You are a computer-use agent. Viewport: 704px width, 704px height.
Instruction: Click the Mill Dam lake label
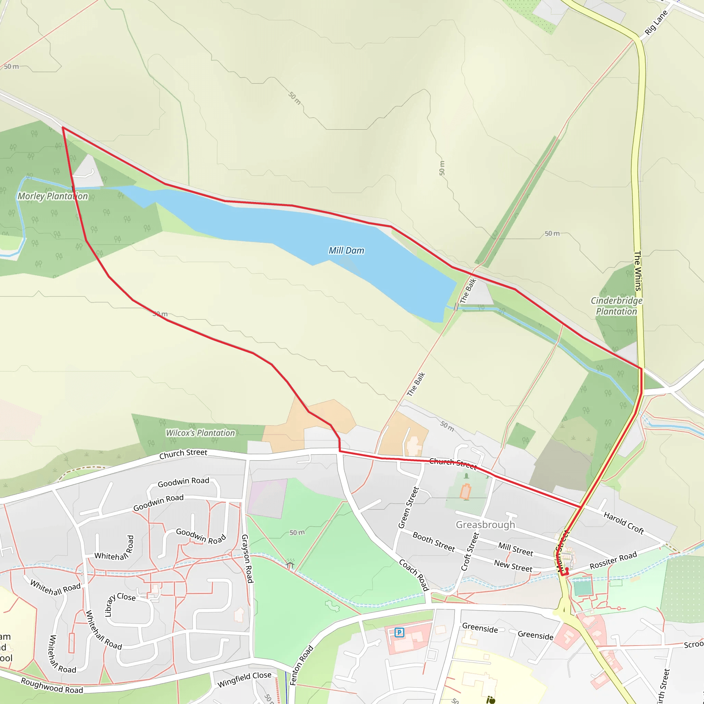[x=346, y=251]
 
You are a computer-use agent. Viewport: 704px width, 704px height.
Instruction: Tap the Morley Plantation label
[x=53, y=196]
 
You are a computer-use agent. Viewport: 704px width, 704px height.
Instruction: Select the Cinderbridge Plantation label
[x=616, y=306]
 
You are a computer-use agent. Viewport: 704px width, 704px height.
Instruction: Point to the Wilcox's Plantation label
[x=200, y=433]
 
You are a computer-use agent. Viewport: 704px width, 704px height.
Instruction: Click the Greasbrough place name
[x=485, y=525]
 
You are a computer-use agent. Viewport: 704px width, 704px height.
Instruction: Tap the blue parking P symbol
[x=399, y=632]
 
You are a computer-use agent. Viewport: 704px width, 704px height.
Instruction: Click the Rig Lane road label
[x=656, y=23]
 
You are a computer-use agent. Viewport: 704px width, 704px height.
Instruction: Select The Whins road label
[x=638, y=271]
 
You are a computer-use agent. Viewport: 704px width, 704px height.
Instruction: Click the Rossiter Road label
[x=613, y=560]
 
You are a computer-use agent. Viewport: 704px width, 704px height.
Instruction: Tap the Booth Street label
[x=433, y=541]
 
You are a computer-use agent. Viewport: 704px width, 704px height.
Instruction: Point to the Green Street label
[x=409, y=507]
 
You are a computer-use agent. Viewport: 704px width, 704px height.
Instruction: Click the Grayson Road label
[x=247, y=559]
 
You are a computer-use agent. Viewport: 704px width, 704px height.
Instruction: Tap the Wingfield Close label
[x=244, y=679]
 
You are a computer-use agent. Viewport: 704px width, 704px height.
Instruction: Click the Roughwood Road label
[x=52, y=686]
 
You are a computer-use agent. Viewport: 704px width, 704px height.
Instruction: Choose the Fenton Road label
[x=301, y=665]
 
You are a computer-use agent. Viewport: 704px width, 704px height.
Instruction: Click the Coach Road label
[x=414, y=575]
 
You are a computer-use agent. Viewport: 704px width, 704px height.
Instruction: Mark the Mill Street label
[x=515, y=549]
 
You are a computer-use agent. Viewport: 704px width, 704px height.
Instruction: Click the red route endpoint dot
[x=567, y=570]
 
